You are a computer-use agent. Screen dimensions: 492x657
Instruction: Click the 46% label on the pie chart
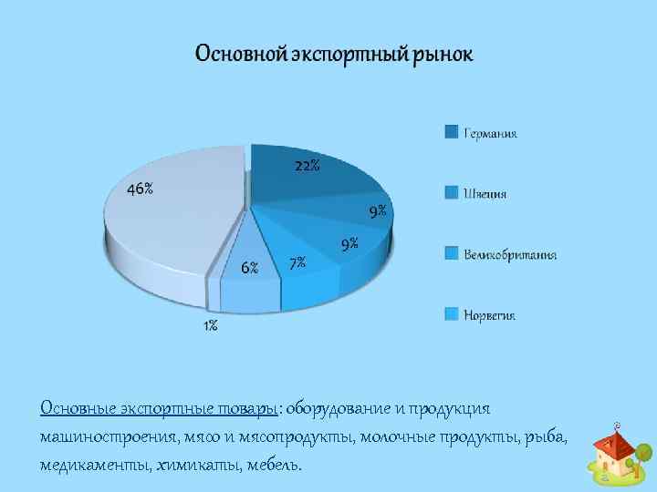[x=140, y=190]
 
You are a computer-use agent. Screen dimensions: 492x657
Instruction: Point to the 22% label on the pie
[x=307, y=166]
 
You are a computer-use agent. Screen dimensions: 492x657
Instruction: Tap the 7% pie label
[x=297, y=263]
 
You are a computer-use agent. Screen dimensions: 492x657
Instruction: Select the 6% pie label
[x=249, y=268]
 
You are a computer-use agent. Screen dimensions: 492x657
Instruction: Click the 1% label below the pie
[x=210, y=325]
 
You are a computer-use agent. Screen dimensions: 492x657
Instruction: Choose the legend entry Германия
[x=490, y=133]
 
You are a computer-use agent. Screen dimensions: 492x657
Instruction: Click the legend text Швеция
[x=485, y=194]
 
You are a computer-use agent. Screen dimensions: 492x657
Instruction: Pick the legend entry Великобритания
[x=509, y=254]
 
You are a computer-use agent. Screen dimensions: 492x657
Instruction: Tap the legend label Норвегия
[x=490, y=315]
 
